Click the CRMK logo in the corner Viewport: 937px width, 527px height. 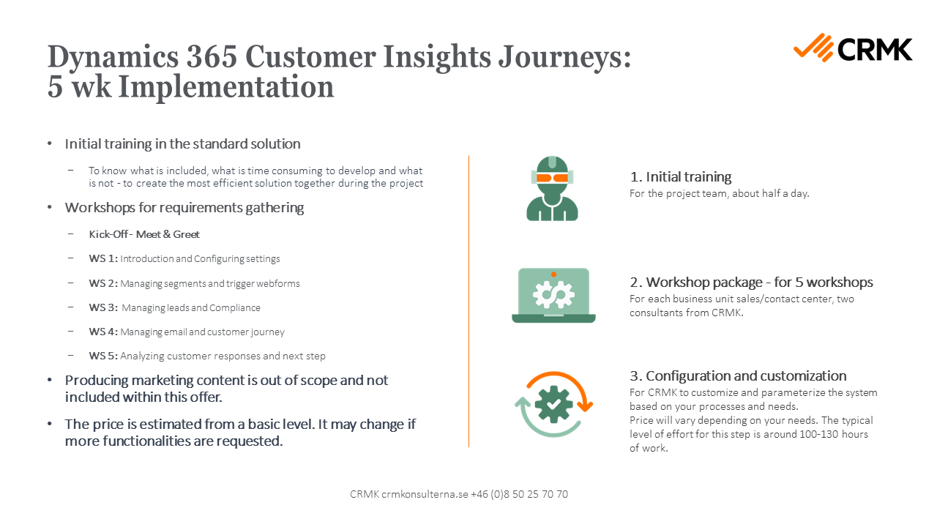tap(853, 48)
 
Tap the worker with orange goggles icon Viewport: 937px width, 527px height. tap(553, 188)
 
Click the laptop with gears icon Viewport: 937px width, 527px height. tap(553, 295)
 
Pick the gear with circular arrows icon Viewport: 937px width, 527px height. tap(553, 404)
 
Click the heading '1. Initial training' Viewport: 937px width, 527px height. tap(680, 176)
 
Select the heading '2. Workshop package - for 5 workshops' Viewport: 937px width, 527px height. tap(751, 282)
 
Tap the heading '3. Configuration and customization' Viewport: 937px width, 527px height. tap(738, 375)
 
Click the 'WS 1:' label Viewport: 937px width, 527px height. tap(103, 258)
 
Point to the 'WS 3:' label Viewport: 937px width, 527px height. tap(103, 307)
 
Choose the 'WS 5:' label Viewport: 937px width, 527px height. tap(103, 356)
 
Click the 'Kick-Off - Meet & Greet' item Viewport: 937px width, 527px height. tap(144, 234)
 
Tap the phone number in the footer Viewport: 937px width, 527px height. tap(519, 494)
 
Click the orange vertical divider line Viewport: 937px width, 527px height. tap(468, 300)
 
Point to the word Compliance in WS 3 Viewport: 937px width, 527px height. tap(235, 307)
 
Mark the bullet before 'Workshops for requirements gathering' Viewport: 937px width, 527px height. tap(50, 208)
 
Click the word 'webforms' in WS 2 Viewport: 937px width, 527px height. tap(277, 283)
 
